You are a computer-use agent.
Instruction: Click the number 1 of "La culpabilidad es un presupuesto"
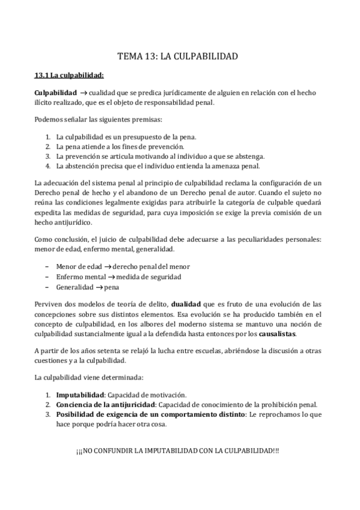point(47,138)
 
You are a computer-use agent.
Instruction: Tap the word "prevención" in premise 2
point(169,147)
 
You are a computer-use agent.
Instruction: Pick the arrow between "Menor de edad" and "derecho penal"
point(105,268)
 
